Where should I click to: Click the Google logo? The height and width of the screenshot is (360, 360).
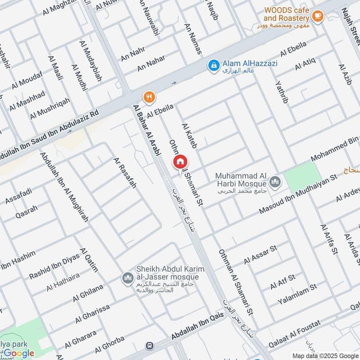coord(19,353)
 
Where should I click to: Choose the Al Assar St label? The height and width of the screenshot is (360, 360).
coord(261,255)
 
